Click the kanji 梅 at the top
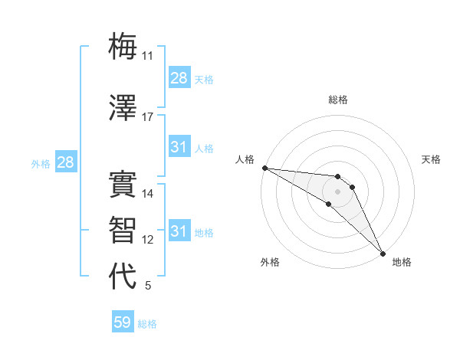click(123, 46)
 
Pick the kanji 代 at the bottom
click(123, 276)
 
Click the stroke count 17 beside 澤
click(148, 117)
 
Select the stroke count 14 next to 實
click(148, 194)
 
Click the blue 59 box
click(123, 322)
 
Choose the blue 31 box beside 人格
click(179, 147)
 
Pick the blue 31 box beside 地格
click(179, 231)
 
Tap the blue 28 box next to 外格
click(65, 162)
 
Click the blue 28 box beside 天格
click(179, 78)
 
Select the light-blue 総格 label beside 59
click(147, 324)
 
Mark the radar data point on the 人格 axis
click(264, 168)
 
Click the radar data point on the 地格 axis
click(383, 252)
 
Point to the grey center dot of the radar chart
click(337, 191)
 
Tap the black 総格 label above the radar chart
click(338, 100)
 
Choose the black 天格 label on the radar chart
click(431, 159)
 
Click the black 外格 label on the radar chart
click(270, 262)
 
